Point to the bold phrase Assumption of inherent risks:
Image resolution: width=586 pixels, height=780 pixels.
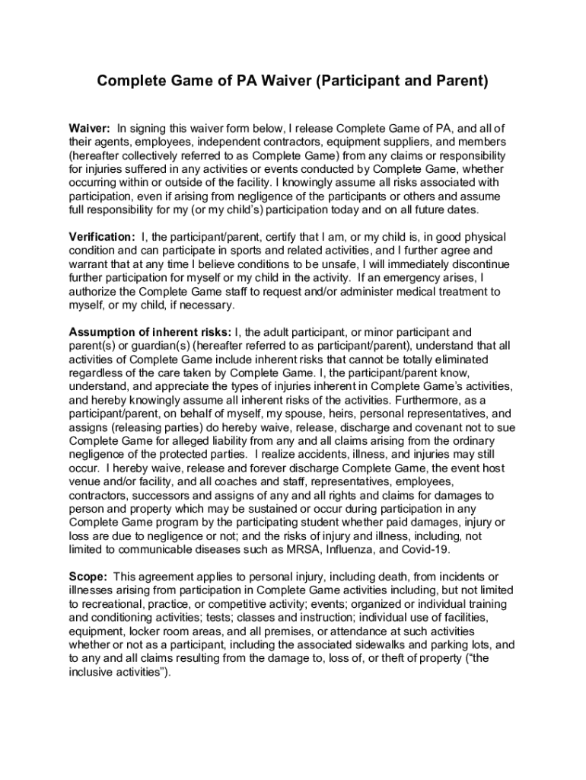coord(151,332)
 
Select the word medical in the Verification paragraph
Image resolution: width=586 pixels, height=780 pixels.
coord(390,292)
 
